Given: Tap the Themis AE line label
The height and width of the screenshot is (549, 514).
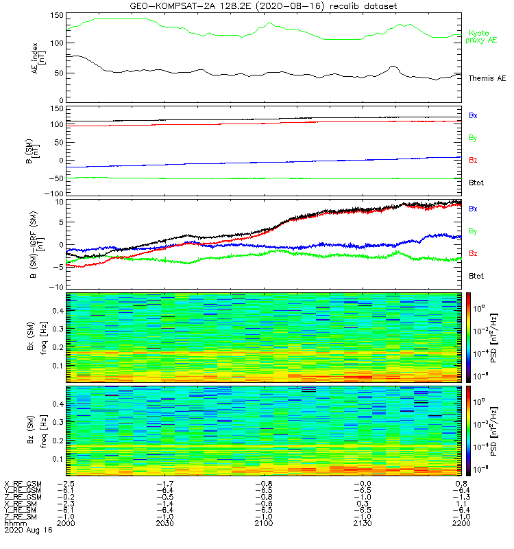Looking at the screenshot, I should [486, 78].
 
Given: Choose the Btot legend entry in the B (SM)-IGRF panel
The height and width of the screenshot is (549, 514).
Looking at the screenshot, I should [476, 275].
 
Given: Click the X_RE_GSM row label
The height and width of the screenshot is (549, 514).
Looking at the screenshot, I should [23, 484].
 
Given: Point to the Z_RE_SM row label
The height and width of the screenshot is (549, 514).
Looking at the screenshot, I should [22, 517].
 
